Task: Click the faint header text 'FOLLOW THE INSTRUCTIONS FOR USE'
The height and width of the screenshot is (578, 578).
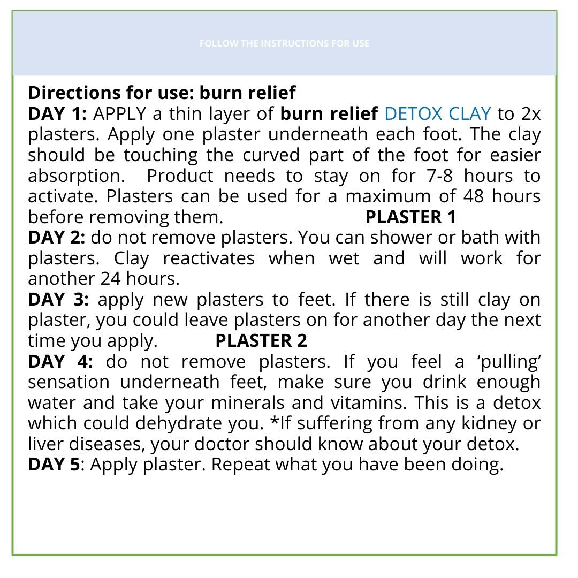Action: [284, 43]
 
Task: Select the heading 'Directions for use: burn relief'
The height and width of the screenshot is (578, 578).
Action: [162, 93]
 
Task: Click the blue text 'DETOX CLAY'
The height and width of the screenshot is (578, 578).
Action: [437, 114]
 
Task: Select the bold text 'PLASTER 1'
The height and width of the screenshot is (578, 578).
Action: [410, 217]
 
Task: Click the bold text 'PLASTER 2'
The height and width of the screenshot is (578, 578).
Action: [261, 341]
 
